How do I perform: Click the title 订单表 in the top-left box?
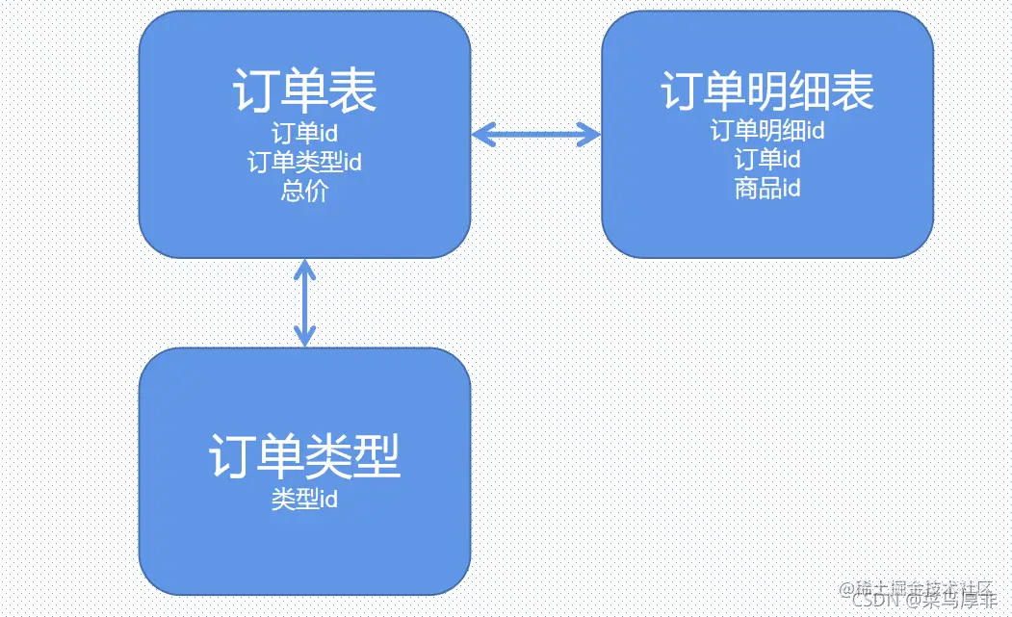pyautogui.click(x=304, y=91)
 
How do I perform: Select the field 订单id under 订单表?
pyautogui.click(x=304, y=133)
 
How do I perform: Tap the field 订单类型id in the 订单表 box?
pyautogui.click(x=304, y=162)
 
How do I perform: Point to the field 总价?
pyautogui.click(x=304, y=191)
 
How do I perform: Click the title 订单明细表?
pyautogui.click(x=767, y=91)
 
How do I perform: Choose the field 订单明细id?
pyautogui.click(x=767, y=129)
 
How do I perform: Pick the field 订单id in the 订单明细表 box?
pyautogui.click(x=767, y=158)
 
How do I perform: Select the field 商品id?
pyautogui.click(x=767, y=187)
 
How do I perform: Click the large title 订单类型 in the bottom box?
pyautogui.click(x=304, y=456)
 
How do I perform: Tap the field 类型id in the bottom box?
pyautogui.click(x=304, y=499)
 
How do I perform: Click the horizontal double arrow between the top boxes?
pyautogui.click(x=536, y=135)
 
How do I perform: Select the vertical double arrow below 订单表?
pyautogui.click(x=304, y=302)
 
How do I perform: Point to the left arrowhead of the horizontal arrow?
pyautogui.click(x=480, y=135)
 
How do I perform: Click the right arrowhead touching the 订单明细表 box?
pyautogui.click(x=592, y=135)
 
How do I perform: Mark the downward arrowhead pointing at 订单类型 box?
pyautogui.click(x=304, y=338)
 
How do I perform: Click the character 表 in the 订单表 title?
pyautogui.click(x=352, y=91)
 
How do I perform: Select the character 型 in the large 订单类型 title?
pyautogui.click(x=376, y=456)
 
